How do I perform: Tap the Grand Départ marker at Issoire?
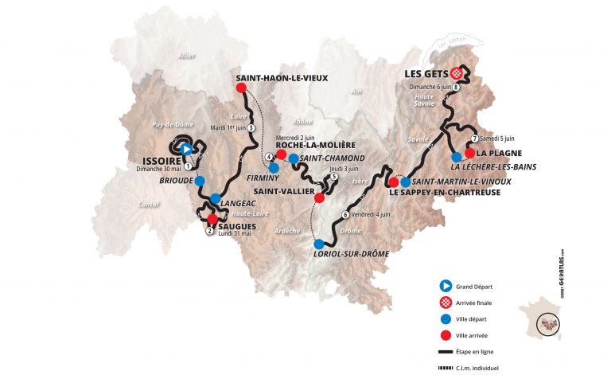[185, 148]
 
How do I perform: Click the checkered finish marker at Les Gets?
[457, 72]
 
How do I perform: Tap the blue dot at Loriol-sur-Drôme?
[319, 244]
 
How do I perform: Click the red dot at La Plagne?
[469, 153]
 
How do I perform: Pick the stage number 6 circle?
[344, 214]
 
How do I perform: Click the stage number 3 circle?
[251, 127]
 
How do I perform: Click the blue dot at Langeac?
[215, 198]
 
